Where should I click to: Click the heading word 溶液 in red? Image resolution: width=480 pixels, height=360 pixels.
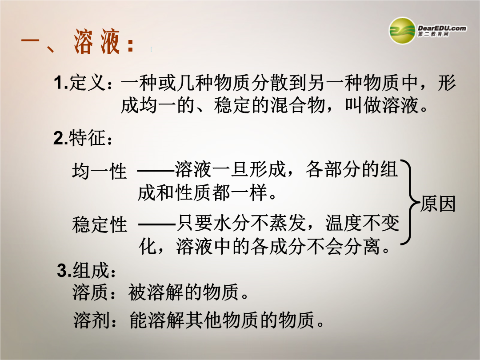(97, 42)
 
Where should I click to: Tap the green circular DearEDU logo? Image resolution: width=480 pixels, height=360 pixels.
(402, 31)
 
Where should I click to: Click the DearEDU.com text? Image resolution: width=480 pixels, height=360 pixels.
(442, 28)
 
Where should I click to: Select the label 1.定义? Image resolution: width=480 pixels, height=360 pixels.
(80, 83)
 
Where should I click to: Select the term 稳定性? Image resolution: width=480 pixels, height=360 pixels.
(100, 224)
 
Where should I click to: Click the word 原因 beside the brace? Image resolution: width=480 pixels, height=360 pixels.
(438, 204)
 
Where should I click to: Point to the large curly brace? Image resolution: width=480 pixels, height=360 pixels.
(410, 202)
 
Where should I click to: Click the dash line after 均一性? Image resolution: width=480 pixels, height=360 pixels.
(156, 171)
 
